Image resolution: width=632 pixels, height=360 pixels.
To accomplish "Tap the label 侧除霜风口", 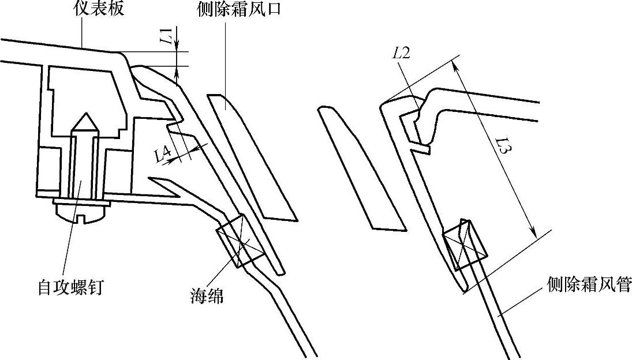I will (x=239, y=9).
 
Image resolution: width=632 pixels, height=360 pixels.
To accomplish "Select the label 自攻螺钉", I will (x=70, y=287).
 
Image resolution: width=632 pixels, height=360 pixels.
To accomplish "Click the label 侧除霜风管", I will (x=589, y=284).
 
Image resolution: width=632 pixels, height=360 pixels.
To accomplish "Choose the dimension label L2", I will (x=402, y=54).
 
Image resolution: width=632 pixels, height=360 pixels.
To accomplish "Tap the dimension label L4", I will (x=163, y=154).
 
